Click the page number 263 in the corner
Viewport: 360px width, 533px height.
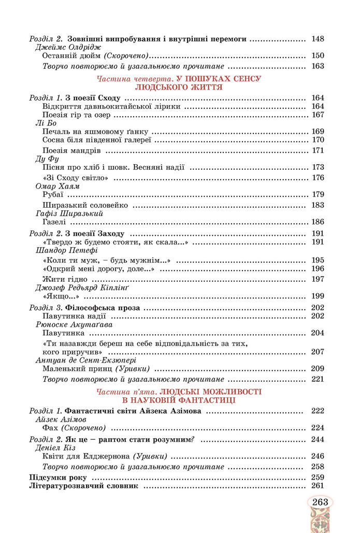(321, 502)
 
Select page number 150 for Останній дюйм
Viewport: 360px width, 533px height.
(318, 55)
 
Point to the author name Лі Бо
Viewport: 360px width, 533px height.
(46, 123)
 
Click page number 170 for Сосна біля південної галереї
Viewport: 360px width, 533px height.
(318, 140)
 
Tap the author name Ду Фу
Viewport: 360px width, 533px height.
(46, 159)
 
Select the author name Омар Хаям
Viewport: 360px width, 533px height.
(56, 186)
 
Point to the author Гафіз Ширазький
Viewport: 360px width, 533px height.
(69, 213)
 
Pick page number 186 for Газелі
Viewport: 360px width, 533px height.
(318, 221)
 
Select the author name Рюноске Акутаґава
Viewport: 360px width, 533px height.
(74, 324)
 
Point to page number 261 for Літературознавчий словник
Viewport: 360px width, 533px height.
(318, 485)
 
